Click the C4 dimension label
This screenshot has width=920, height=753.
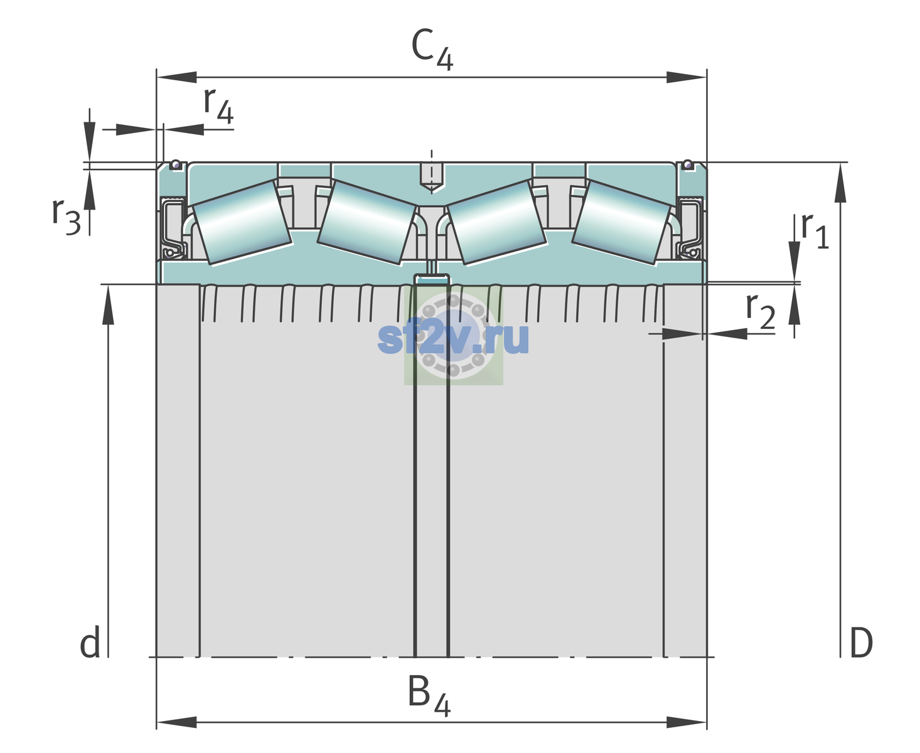coord(432,49)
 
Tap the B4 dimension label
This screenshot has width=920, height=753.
coord(429,696)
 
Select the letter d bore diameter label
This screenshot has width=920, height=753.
coord(90,642)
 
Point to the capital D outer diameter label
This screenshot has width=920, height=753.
coord(861,643)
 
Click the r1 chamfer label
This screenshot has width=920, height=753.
coord(815,231)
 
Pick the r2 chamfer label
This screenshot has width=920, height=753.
coord(761,311)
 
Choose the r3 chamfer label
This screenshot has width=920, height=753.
coord(67,216)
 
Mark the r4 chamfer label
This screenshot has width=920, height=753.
coord(218,105)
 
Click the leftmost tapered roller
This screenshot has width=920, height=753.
coord(242,223)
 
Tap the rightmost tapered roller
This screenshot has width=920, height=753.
coord(621,223)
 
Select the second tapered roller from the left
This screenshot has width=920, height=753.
coord(366,223)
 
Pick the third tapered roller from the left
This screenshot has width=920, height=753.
coord(496,223)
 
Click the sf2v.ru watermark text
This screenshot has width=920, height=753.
coord(453,338)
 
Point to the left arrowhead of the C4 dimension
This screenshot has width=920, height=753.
coord(177,77)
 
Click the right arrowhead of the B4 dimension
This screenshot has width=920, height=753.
coord(687,722)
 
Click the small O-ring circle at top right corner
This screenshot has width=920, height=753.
coord(688,164)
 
